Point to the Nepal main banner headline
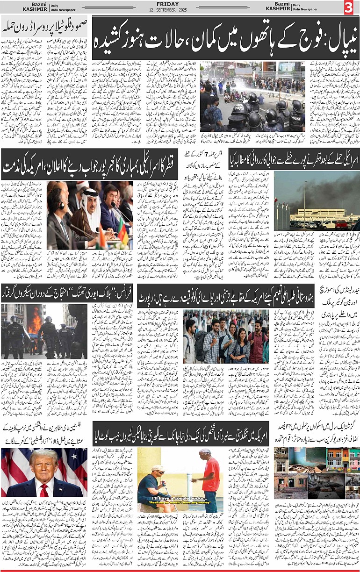219,31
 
